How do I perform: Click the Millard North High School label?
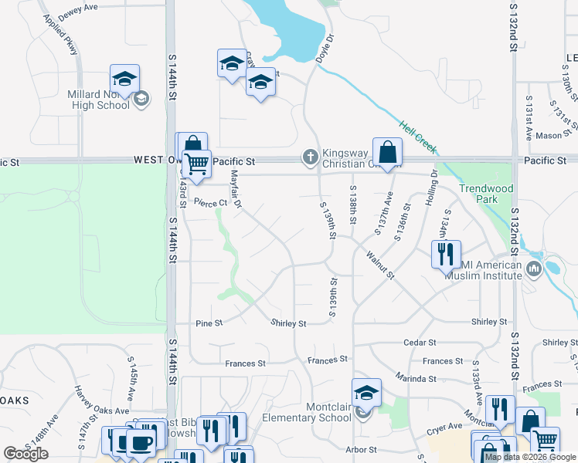(98, 99)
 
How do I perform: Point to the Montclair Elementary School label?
(307, 412)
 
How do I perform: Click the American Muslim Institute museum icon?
(534, 269)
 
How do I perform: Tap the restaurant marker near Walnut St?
(446, 254)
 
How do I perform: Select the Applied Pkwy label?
(61, 33)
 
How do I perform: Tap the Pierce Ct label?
(210, 203)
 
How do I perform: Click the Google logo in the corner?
(25, 454)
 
